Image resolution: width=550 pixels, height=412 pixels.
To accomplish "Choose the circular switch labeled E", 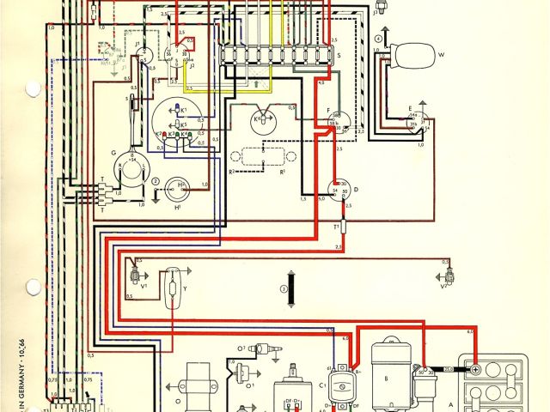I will tap(419, 123).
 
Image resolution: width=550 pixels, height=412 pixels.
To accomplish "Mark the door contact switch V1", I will tap(135, 276).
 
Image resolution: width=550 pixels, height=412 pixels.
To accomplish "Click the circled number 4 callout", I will tap(378, 40).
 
